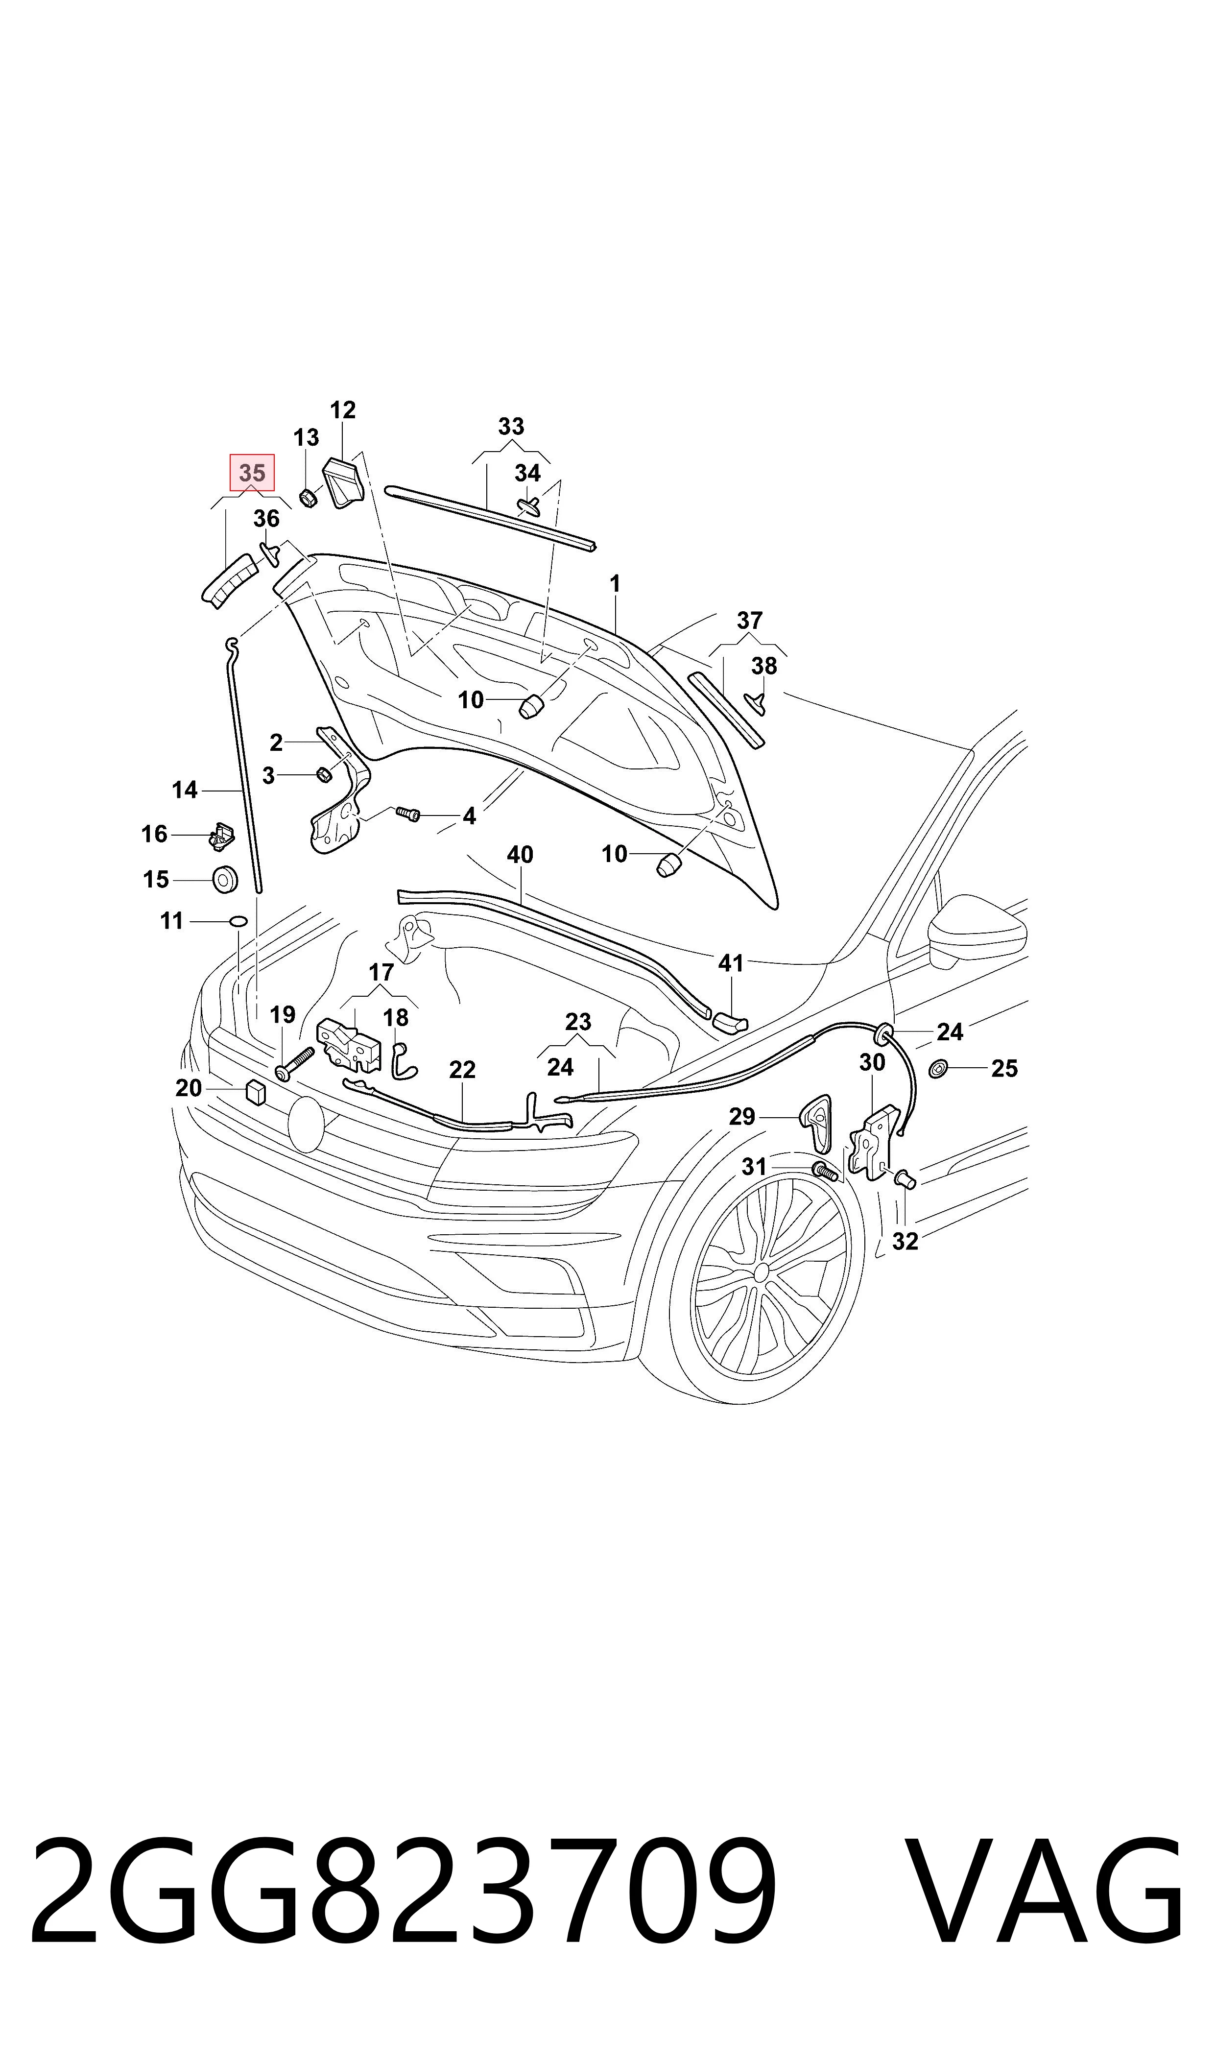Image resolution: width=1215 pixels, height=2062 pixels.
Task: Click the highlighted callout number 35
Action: coord(252,473)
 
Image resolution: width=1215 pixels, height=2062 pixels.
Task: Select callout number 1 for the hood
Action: coord(615,584)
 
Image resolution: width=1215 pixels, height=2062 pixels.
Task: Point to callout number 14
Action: coord(185,790)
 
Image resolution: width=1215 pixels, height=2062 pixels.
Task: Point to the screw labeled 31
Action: coord(825,1172)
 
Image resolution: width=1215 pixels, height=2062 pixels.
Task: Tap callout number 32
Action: coord(905,1241)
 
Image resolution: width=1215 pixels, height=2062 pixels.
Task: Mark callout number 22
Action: coord(463,1069)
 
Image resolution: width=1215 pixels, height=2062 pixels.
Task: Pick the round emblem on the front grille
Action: coord(306,1125)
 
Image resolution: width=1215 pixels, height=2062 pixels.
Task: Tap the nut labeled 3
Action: coord(323,773)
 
